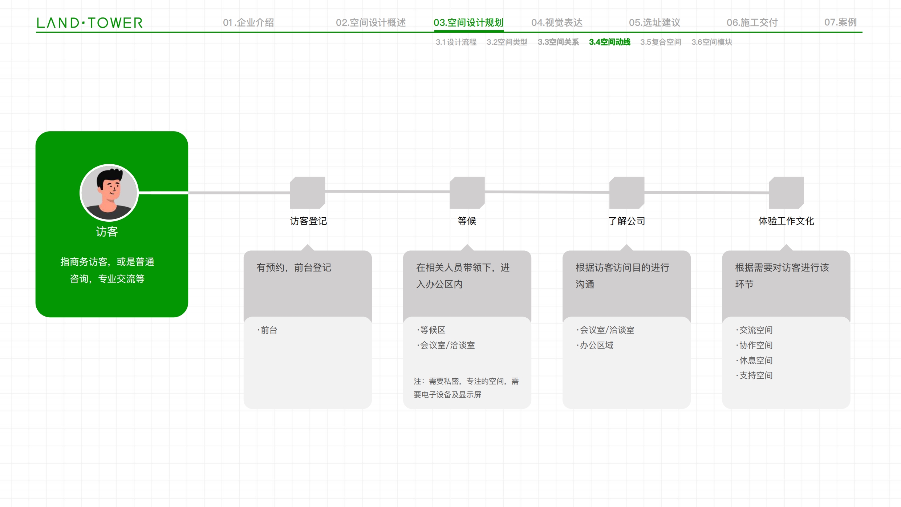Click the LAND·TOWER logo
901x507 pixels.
click(x=90, y=23)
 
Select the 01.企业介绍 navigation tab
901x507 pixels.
click(x=248, y=23)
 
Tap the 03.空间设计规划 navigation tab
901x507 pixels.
click(x=468, y=23)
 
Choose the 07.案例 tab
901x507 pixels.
click(x=840, y=23)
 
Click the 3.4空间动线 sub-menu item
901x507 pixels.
click(x=610, y=42)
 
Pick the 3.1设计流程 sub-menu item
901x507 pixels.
click(x=456, y=42)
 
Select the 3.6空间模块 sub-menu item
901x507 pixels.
click(x=712, y=42)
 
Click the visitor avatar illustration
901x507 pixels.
click(x=109, y=193)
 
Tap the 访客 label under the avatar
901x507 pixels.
click(x=107, y=232)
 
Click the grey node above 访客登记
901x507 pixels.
click(x=308, y=193)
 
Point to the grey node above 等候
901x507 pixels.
click(x=467, y=193)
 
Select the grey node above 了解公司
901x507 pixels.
click(x=627, y=193)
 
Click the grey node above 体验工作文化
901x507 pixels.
click(x=786, y=193)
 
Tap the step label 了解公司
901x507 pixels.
click(x=627, y=221)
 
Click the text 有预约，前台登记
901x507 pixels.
click(x=294, y=268)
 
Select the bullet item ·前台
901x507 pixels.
click(x=267, y=330)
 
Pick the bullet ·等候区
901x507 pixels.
click(x=431, y=330)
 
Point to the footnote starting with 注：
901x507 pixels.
click(x=466, y=388)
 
